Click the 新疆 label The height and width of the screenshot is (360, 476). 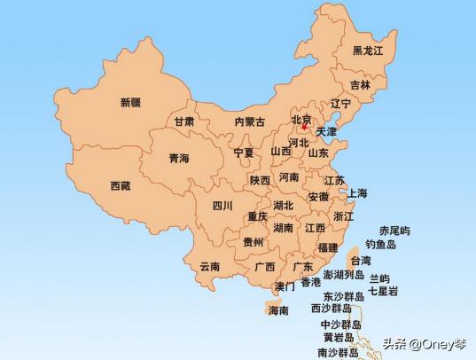(x=130, y=102)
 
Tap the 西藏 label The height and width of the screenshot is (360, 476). (x=121, y=186)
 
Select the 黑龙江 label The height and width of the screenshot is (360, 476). (x=368, y=51)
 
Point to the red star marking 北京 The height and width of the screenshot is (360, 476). (x=304, y=128)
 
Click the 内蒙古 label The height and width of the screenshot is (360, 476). (x=249, y=122)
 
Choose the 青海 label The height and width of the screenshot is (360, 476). (x=179, y=159)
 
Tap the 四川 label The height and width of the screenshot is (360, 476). (x=222, y=206)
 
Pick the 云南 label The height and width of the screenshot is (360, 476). (x=210, y=266)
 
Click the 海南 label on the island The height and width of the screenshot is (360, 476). (x=278, y=311)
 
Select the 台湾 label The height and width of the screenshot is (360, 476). (x=361, y=262)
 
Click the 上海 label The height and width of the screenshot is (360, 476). (x=357, y=193)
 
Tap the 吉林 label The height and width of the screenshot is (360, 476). (x=360, y=85)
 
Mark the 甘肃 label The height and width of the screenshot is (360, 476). (x=184, y=122)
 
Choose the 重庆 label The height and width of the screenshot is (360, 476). (x=258, y=217)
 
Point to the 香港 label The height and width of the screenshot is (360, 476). (x=310, y=283)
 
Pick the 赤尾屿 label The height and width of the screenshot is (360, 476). (x=394, y=231)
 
